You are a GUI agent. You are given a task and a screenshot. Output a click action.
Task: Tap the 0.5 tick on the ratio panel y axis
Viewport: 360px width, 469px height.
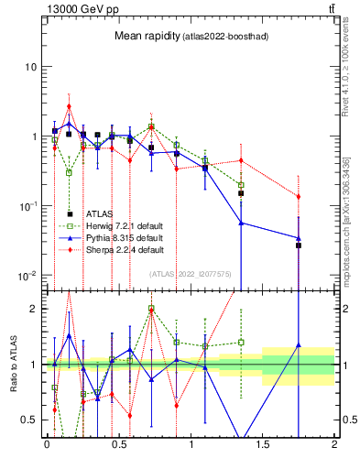[x=29, y=420]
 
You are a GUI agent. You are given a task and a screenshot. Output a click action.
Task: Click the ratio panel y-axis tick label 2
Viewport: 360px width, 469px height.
[x=34, y=309]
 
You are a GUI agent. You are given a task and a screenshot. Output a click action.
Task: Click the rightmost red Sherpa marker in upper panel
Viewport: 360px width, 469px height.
[x=299, y=196]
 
